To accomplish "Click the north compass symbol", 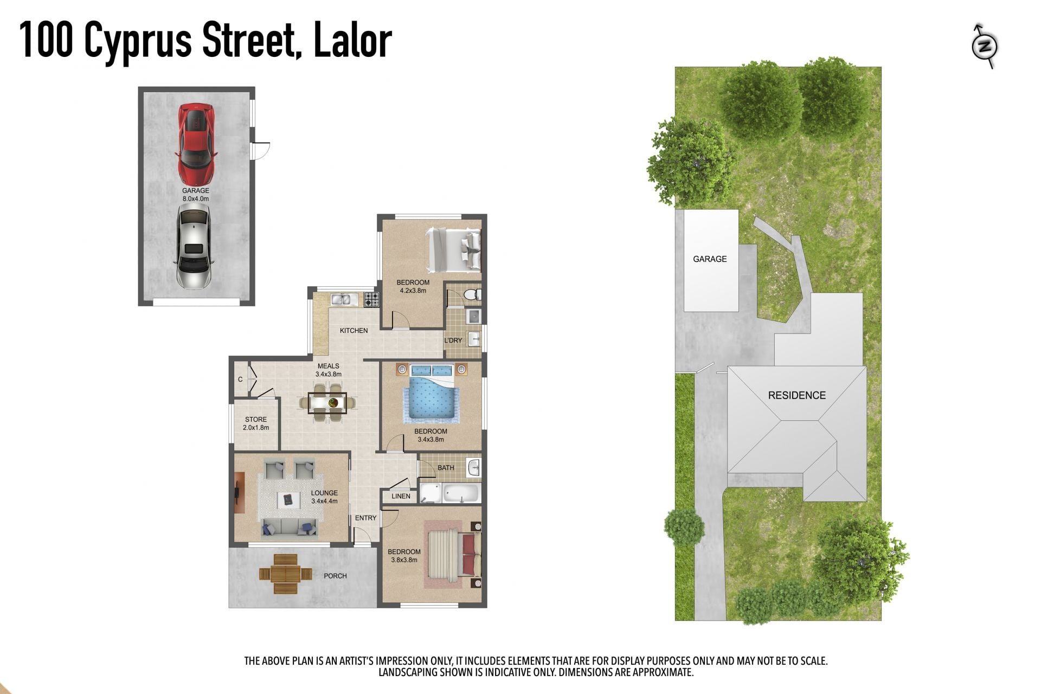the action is pos(985,46).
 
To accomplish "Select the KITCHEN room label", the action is pos(354,331).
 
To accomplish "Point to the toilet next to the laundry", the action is pos(471,294).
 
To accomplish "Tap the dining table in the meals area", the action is pos(327,403).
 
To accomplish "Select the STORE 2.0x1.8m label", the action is pos(256,423).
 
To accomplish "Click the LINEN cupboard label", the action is pos(401,496).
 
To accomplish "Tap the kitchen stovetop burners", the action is pos(372,300).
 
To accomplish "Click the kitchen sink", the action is pos(343,299).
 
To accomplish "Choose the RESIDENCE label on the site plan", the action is pos(797,395).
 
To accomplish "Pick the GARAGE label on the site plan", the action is pos(710,259).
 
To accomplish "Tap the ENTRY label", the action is pos(365,518).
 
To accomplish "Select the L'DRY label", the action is pos(453,340).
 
